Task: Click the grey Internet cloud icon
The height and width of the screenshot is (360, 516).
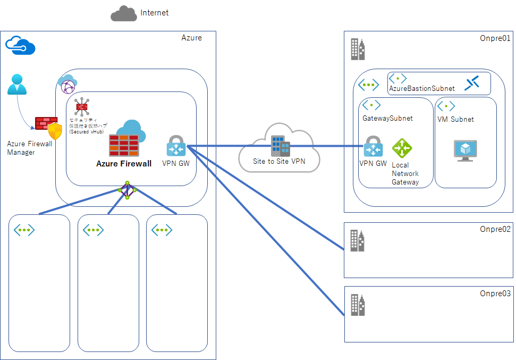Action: [x=123, y=14]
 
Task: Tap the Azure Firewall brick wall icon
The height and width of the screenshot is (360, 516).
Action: [x=124, y=145]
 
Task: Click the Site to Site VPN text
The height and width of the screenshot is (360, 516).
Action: [x=279, y=161]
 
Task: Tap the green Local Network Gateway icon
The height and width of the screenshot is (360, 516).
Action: [x=402, y=148]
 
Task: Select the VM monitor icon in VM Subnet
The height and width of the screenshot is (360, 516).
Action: [x=465, y=150]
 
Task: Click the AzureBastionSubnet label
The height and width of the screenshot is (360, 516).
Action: [x=421, y=88]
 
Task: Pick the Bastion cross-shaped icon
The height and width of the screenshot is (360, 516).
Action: [x=472, y=83]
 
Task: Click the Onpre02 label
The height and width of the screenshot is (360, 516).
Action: [x=495, y=229]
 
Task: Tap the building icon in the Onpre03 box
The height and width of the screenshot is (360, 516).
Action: [x=358, y=305]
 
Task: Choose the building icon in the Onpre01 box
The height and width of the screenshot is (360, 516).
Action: [x=358, y=49]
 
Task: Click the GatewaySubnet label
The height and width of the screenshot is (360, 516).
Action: [x=387, y=118]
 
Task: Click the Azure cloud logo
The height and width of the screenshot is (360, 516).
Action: [x=20, y=46]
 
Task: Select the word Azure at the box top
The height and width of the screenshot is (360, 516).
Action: [x=191, y=38]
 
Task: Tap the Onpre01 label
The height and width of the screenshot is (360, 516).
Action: [x=495, y=38]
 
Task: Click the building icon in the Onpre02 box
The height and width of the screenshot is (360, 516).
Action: [x=358, y=240]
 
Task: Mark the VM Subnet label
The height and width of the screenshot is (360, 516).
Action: [x=455, y=119]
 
